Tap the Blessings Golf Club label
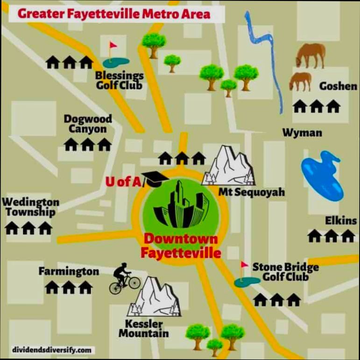(119, 80)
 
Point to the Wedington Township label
(31, 207)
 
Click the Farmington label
(69, 271)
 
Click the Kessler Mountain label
(143, 328)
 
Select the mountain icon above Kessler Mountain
(155, 296)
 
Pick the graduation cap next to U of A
(152, 178)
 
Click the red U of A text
(123, 181)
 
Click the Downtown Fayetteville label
(181, 246)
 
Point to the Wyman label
(302, 133)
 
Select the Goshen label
(338, 86)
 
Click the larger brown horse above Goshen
(311, 55)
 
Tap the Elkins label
(340, 220)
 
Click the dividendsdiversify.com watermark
(52, 349)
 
